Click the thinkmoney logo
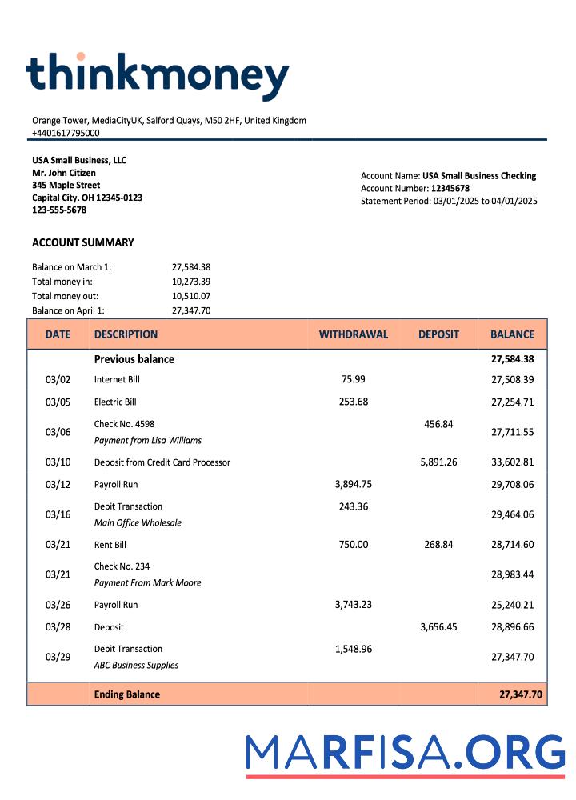pos(157,78)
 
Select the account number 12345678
pos(450,189)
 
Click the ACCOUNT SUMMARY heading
pos(83,242)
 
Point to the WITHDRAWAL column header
pos(353,334)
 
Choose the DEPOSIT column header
pos(438,334)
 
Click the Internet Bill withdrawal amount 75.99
pos(353,379)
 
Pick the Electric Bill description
pos(115,402)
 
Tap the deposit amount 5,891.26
pos(438,462)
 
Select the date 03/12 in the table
pos(58,485)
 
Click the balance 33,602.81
pos(512,462)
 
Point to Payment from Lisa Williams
pos(148,440)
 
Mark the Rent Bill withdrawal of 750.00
pos(353,545)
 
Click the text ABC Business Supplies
pos(136,665)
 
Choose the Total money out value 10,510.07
pos(191,296)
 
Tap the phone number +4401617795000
pos(66,133)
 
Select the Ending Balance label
pos(127,694)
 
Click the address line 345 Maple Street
pos(66,185)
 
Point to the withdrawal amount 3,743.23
pos(353,605)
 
